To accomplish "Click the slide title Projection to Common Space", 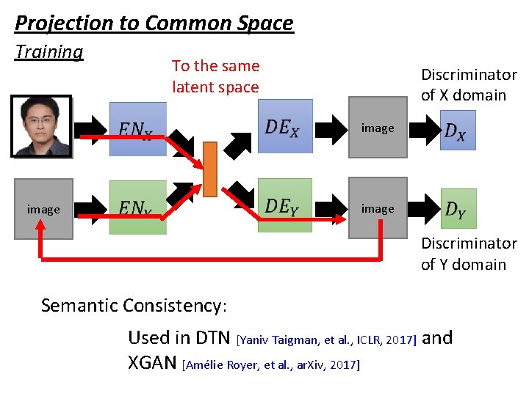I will (x=154, y=23).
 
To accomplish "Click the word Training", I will (x=49, y=52).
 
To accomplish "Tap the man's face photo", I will (x=41, y=125).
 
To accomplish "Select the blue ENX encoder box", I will (x=137, y=129).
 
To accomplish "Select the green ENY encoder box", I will (x=137, y=208).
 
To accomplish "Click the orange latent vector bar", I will (x=210, y=169).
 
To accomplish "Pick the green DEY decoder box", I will (x=284, y=205).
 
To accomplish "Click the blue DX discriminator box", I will (x=458, y=130).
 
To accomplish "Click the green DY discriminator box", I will (x=458, y=208).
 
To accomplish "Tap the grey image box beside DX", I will (x=378, y=128).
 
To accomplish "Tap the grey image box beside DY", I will (x=378, y=208).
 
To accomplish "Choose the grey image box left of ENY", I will (x=43, y=209).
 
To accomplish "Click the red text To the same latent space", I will (x=215, y=76).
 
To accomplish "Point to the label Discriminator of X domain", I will (x=468, y=84).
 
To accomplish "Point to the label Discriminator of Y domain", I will (x=468, y=254).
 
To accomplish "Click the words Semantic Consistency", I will (x=134, y=304).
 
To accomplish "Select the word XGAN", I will (x=152, y=363).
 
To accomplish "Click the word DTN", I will (x=214, y=337).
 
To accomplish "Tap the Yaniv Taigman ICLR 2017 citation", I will (x=328, y=339).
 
